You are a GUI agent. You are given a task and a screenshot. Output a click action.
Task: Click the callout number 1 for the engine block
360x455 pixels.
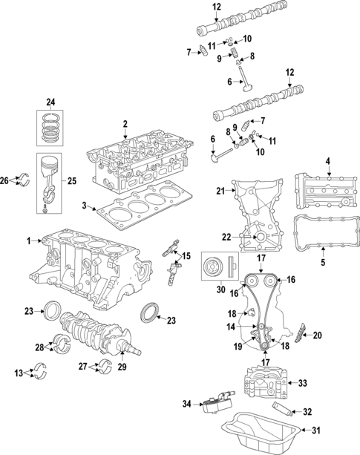point(29,240)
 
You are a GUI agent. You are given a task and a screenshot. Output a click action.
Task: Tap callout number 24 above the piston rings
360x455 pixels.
point(50,102)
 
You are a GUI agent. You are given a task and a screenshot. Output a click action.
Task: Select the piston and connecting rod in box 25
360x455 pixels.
point(51,180)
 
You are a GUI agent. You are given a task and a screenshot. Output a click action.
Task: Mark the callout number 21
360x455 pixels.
point(220,192)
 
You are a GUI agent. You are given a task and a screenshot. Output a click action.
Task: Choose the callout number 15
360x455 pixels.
point(186,256)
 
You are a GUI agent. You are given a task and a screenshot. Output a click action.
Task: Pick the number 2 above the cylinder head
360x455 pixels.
point(125,123)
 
